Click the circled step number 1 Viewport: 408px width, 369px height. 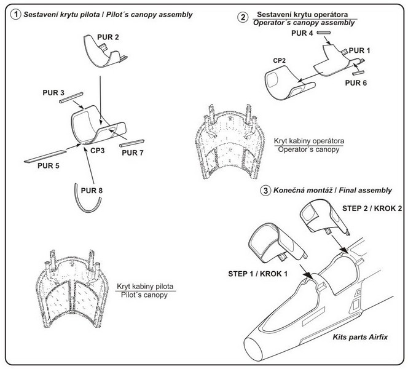[15, 14]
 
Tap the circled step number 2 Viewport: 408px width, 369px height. [243, 17]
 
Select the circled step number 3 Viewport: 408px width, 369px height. [265, 191]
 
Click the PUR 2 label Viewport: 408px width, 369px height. [108, 38]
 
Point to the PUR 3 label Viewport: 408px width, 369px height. [53, 93]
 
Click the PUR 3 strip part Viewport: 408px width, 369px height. [71, 98]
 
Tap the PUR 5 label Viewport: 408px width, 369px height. [49, 165]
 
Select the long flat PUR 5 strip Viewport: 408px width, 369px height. [45, 156]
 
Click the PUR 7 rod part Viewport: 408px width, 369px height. [131, 143]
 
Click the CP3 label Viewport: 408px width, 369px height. [98, 151]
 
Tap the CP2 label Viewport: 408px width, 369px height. [279, 61]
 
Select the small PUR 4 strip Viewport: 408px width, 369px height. [324, 33]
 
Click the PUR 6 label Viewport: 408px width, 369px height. [356, 83]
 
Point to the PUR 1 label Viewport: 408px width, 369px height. [359, 50]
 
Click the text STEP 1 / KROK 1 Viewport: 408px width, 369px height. [258, 274]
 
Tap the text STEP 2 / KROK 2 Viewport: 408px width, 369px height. [372, 208]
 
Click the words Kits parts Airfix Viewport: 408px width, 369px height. [360, 337]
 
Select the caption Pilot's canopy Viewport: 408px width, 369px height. [144, 295]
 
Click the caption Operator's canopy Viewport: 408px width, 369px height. [308, 149]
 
